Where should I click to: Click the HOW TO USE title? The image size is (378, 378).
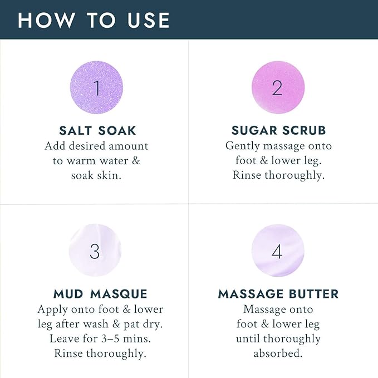coord(94,20)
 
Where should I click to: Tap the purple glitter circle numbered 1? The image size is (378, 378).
coord(96,87)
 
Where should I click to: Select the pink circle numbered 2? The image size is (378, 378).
coord(278,87)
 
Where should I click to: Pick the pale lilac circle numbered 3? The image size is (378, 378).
coord(95,250)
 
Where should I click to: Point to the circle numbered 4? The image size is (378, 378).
coord(278,250)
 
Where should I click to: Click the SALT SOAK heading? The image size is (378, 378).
coord(97,131)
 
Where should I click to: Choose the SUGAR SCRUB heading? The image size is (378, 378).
coord(278,130)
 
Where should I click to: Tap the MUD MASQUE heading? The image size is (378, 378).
coord(100,294)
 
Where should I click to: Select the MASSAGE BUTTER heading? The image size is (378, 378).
coord(278,294)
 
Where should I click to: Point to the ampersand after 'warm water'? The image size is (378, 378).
coord(136,161)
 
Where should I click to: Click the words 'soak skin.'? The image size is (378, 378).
coord(96,175)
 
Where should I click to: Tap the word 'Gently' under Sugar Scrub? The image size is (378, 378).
coord(243,146)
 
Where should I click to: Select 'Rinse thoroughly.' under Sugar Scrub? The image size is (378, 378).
coord(278,175)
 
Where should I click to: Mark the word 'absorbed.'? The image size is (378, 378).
coord(278,354)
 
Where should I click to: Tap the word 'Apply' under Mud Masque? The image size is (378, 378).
coord(52,310)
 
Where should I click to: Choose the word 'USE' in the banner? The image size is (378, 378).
coord(149,20)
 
